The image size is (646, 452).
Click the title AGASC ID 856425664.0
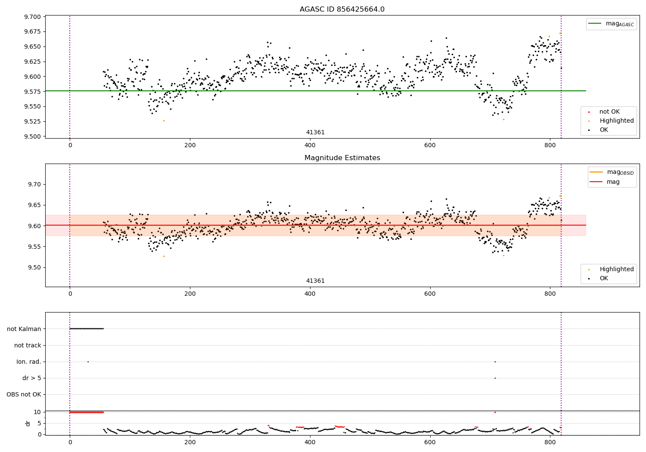pyautogui.click(x=342, y=9)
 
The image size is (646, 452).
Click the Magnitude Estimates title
pyautogui.click(x=342, y=158)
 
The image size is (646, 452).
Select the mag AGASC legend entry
pyautogui.click(x=611, y=24)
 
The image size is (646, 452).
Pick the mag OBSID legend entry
pyautogui.click(x=612, y=172)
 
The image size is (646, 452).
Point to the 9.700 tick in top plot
pyautogui.click(x=32, y=17)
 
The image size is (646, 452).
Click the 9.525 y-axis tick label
pyautogui.click(x=32, y=121)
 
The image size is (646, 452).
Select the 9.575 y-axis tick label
pyautogui.click(x=32, y=91)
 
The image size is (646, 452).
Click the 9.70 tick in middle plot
pyautogui.click(x=34, y=184)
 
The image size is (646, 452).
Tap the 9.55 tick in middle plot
pyautogui.click(x=34, y=247)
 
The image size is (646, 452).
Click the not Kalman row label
pyautogui.click(x=24, y=329)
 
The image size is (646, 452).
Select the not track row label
pyautogui.click(x=28, y=345)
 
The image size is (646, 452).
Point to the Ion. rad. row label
pyautogui.click(x=28, y=362)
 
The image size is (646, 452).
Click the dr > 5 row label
pyautogui.click(x=32, y=378)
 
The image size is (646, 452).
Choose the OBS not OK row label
pyautogui.click(x=24, y=394)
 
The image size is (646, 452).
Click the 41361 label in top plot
pyautogui.click(x=315, y=132)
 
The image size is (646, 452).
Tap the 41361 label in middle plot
pyautogui.click(x=315, y=281)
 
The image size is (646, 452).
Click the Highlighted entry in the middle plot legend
pyautogui.click(x=611, y=269)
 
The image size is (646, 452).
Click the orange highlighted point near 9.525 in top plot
pyautogui.click(x=164, y=121)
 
